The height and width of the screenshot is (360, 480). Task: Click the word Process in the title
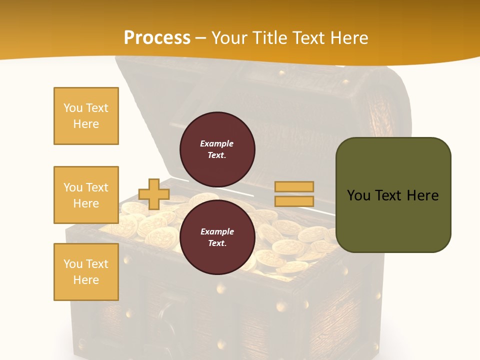[157, 37]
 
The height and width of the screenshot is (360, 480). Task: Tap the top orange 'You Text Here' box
[86, 116]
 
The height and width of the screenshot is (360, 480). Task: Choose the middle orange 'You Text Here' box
[86, 195]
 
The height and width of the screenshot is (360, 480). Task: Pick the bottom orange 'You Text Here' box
[86, 272]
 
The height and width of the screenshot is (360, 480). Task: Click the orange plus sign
[154, 194]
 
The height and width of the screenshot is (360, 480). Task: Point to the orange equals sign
[294, 194]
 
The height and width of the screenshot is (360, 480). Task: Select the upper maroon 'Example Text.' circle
[217, 149]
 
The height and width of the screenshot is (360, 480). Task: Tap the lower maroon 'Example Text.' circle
[217, 237]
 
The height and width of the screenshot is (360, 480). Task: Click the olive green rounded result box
[393, 195]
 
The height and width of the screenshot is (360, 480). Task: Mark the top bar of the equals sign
[294, 186]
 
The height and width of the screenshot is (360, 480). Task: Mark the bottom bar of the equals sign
[294, 201]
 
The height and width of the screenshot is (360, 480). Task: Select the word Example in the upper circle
[217, 143]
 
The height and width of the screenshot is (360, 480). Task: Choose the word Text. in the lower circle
[217, 243]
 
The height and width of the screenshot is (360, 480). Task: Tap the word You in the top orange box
[73, 108]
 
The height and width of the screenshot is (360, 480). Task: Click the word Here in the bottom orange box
[86, 280]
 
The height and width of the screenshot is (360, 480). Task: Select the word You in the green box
[359, 195]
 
